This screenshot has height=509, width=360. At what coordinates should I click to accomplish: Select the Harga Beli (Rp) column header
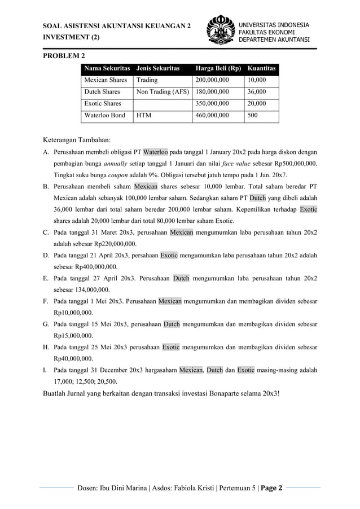pyautogui.click(x=218, y=69)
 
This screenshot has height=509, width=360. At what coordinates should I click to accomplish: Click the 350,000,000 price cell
pyautogui.click(x=212, y=104)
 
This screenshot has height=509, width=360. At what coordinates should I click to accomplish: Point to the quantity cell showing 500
pyautogui.click(x=253, y=116)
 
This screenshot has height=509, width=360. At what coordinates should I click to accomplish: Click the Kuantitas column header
pyautogui.click(x=261, y=69)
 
